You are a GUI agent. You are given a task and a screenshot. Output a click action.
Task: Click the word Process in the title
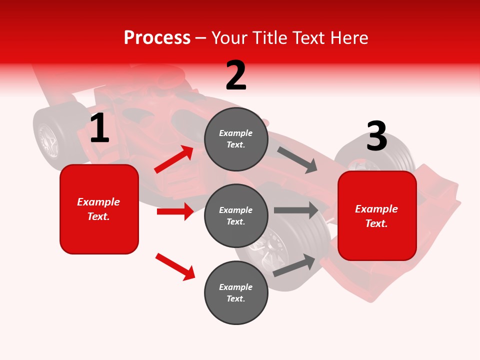157,37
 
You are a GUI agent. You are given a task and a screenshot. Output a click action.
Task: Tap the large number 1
99,128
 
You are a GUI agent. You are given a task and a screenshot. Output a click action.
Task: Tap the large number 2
236,75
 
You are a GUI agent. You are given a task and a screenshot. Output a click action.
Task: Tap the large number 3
376,136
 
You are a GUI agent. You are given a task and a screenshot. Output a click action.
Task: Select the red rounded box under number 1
99,209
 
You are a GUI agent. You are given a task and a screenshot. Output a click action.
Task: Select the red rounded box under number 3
377,215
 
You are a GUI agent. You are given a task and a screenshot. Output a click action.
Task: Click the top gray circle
236,138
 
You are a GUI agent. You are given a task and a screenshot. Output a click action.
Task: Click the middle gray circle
236,215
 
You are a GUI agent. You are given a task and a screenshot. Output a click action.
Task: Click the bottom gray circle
236,292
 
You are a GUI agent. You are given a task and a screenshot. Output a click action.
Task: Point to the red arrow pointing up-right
174,159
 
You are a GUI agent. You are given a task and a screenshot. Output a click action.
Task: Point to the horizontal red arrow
174,211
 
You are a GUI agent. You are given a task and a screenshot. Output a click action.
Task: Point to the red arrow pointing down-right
175,266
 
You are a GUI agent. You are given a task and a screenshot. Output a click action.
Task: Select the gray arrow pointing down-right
297,159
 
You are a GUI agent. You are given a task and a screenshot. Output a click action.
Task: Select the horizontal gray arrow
296,210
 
